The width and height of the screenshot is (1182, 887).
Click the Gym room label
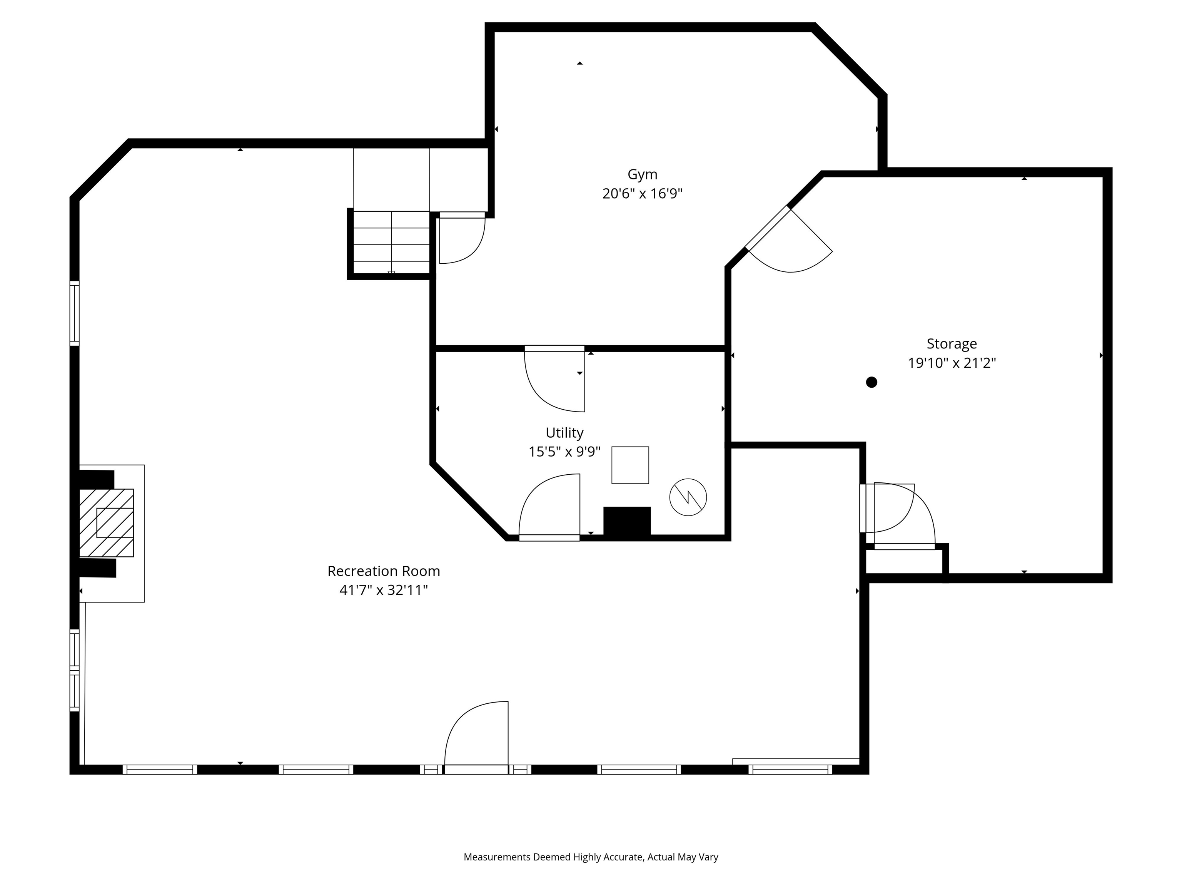pyautogui.click(x=642, y=174)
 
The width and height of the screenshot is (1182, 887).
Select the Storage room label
pyautogui.click(x=951, y=344)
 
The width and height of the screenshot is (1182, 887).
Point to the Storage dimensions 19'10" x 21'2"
pyautogui.click(x=951, y=363)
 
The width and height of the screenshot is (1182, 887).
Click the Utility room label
pyautogui.click(x=564, y=433)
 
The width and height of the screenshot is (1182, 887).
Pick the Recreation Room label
pyautogui.click(x=383, y=571)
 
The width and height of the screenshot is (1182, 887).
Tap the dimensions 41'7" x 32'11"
pyautogui.click(x=383, y=590)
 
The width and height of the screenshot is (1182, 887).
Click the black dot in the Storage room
pyautogui.click(x=871, y=382)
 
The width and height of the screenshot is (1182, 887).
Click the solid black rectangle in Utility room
pyautogui.click(x=627, y=521)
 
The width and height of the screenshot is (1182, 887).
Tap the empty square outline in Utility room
pyautogui.click(x=630, y=465)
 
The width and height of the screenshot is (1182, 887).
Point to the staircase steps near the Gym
pyautogui.click(x=391, y=243)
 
